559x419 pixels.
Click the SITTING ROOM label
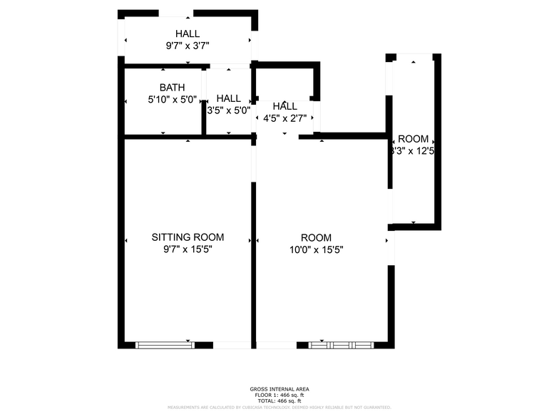(188, 237)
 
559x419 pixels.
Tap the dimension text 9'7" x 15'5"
(188, 249)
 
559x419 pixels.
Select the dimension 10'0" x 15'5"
(316, 249)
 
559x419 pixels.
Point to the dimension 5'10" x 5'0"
(172, 100)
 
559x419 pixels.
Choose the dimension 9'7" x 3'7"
(188, 46)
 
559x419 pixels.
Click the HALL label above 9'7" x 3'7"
(188, 33)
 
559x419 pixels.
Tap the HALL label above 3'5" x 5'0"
(228, 98)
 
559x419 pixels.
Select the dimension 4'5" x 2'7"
(284, 118)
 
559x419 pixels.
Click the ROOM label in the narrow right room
(414, 139)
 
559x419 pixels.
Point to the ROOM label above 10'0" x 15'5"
(316, 237)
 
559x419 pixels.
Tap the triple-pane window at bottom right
(341, 345)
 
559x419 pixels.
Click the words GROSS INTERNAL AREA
(279, 389)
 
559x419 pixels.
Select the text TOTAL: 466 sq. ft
(279, 400)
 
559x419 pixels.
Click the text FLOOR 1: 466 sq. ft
(279, 395)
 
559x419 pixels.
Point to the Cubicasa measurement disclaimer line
(279, 407)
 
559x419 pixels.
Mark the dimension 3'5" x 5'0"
(228, 110)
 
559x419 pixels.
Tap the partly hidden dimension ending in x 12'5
(412, 151)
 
